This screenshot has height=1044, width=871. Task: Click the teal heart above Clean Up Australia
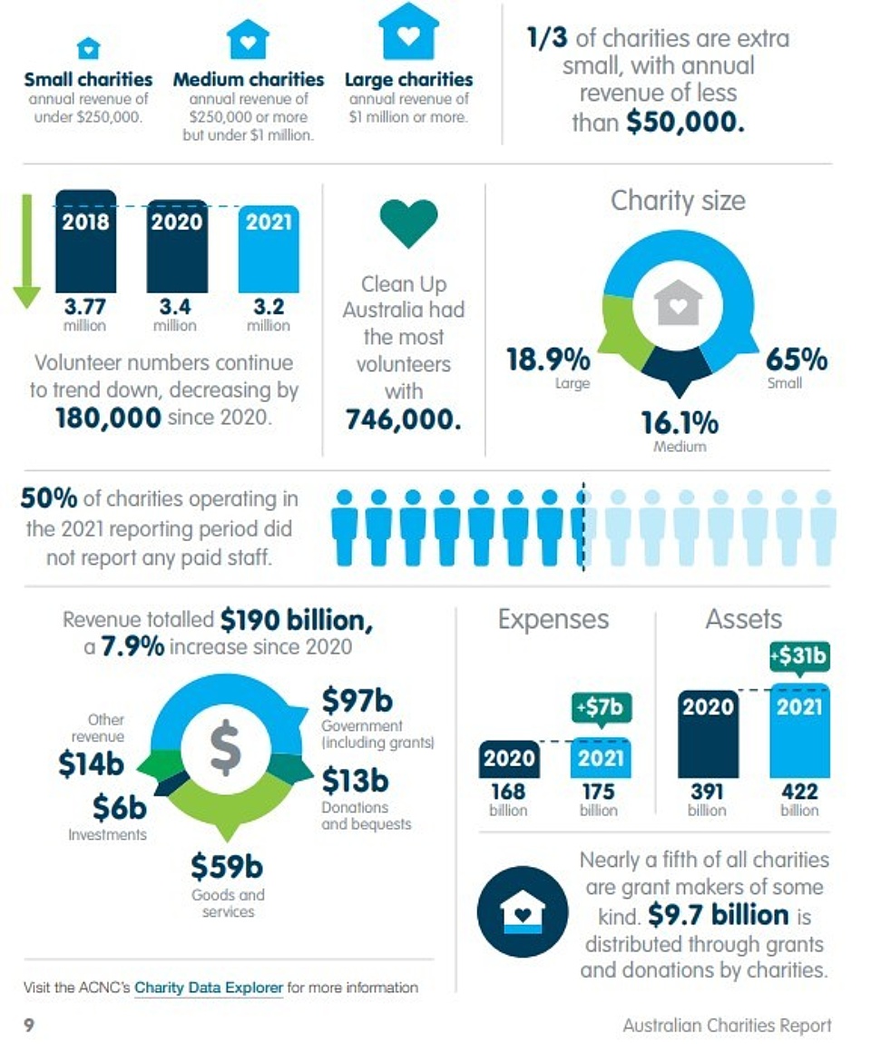(408, 223)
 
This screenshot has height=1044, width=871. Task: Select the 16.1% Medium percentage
(680, 423)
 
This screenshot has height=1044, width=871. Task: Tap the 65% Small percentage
(796, 359)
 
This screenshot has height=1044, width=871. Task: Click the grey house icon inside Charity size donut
(679, 302)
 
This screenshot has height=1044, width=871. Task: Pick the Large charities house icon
(408, 33)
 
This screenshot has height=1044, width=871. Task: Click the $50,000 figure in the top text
(685, 123)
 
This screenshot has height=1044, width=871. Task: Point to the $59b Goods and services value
(227, 867)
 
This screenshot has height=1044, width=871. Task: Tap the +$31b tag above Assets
(799, 655)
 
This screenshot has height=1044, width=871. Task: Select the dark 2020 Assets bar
(709, 734)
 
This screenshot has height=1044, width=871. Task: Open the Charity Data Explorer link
(209, 988)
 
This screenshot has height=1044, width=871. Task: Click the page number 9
(29, 1025)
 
